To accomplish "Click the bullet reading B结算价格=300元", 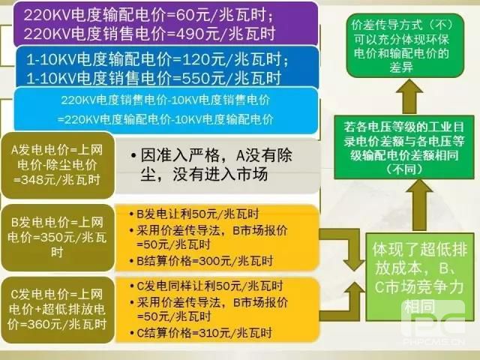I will (x=187, y=259).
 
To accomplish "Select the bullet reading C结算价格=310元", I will (x=187, y=331).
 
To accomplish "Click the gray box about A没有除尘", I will (x=217, y=165).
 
